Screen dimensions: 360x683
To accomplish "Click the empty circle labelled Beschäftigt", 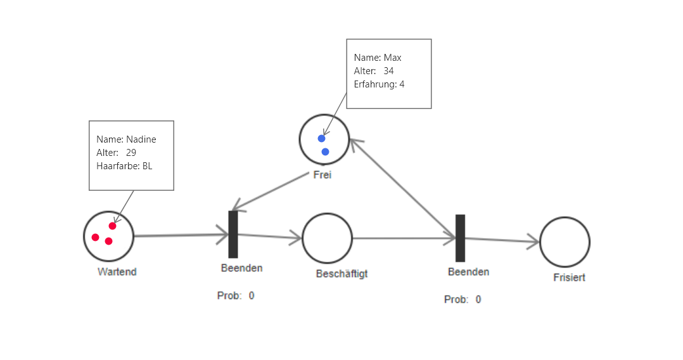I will [x=327, y=238].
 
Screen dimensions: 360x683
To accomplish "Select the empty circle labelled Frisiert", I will [x=565, y=241].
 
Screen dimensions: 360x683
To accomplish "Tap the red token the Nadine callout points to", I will [x=113, y=226].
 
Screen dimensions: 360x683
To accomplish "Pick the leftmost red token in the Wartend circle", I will [x=96, y=238].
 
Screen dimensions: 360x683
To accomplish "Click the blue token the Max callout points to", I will [x=322, y=138].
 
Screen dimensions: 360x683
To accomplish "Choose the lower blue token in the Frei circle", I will [x=326, y=151].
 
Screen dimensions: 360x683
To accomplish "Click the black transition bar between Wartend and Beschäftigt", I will [x=233, y=234].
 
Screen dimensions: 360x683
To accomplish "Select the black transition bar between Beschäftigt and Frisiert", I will [x=461, y=238].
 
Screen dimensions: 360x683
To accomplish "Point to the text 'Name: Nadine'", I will [x=126, y=139].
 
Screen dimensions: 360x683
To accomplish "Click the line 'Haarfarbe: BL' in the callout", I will [x=124, y=166].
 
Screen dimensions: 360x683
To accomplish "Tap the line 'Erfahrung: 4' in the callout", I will [x=380, y=84].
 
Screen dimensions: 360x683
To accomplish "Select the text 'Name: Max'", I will [x=378, y=58].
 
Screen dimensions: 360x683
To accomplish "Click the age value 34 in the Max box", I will [x=388, y=71].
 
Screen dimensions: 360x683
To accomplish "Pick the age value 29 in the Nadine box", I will [x=131, y=153].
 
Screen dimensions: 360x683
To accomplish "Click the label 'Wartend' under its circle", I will [x=117, y=272].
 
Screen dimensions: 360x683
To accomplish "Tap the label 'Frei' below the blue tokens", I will [x=322, y=175].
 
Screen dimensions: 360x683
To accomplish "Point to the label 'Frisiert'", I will [x=569, y=278].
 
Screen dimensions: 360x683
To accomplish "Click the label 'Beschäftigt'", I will [x=342, y=274].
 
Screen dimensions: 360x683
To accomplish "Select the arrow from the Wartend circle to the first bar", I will [x=181, y=236].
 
